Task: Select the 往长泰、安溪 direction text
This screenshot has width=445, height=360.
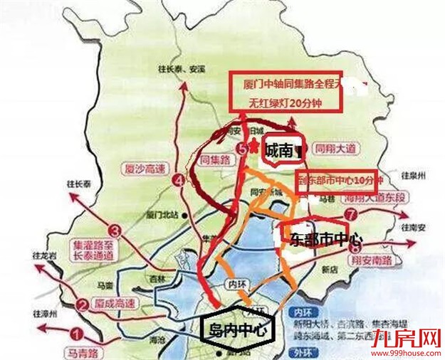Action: pos(183,69)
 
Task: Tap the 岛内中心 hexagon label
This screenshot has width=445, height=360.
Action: pos(235,330)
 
